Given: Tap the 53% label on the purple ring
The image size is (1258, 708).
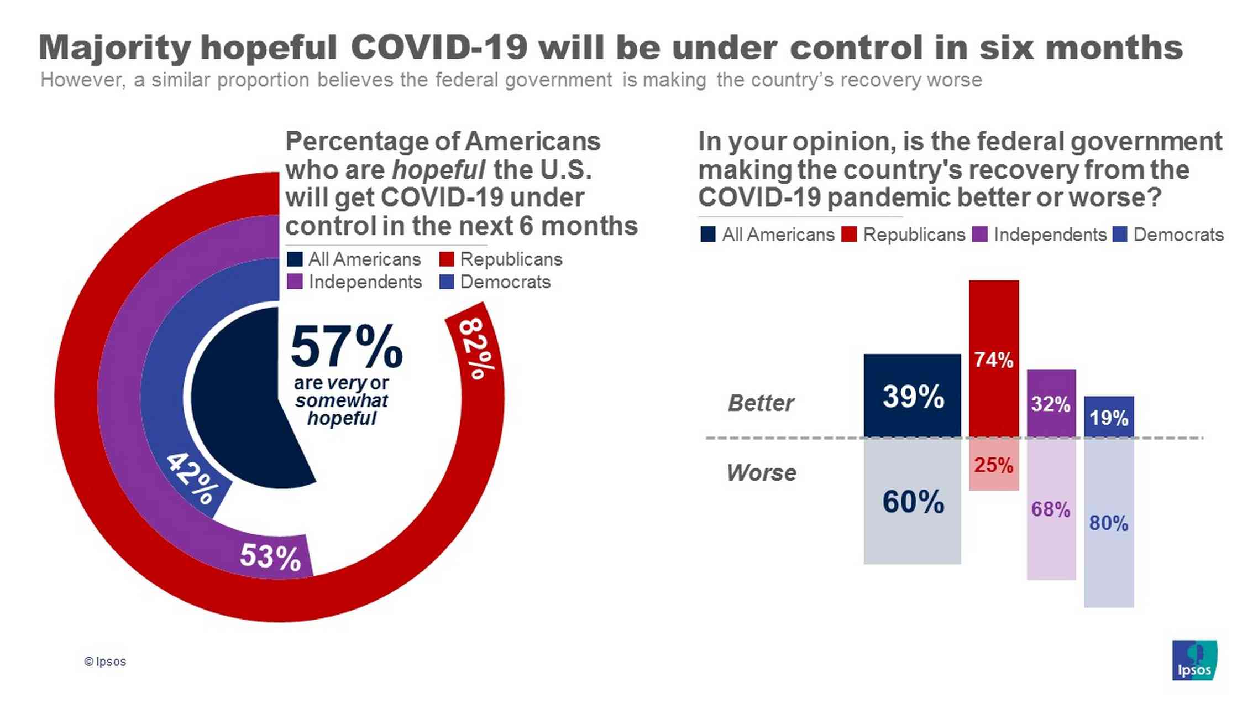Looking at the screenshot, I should point(270,556).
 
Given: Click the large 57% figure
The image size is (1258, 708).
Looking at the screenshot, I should point(347,347).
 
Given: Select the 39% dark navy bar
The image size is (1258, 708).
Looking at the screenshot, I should point(912,396).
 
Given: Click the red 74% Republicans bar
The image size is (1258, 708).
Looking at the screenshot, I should point(993,359).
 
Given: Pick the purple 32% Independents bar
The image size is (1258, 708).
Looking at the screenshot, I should point(1051,404).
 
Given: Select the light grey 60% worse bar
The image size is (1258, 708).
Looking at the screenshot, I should point(912,502).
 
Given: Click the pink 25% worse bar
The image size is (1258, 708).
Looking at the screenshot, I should point(993,465).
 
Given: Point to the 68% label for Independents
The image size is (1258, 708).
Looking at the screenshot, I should point(1051,509).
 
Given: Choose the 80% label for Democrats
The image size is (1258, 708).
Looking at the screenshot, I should point(1108,523).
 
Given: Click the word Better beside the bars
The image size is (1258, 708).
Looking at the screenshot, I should point(761,403).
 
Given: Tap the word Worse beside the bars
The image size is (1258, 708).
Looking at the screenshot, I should point(761,473).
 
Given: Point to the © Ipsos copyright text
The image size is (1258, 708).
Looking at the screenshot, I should point(105,662).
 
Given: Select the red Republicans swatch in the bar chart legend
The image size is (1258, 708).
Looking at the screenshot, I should point(848,235).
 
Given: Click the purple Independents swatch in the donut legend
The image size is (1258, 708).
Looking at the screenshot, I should point(295,282).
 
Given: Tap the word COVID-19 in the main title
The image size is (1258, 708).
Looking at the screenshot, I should point(439,48).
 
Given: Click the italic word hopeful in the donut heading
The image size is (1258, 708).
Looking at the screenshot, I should point(438,170).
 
